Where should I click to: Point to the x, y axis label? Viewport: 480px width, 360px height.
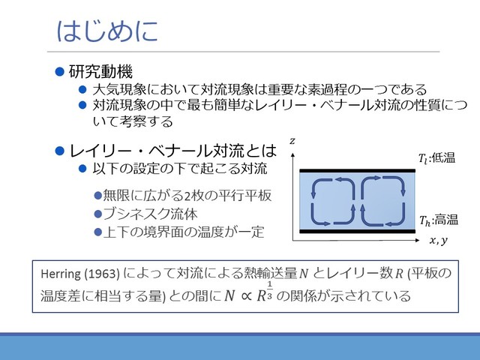tap(437, 240)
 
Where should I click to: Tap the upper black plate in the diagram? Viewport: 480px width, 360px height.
tap(356, 171)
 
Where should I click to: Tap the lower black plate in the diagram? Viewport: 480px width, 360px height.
tap(356, 231)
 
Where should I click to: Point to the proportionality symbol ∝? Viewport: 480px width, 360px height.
tap(242, 295)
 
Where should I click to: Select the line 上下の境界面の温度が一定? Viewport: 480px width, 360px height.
tap(183, 232)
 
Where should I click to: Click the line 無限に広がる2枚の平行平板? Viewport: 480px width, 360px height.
tap(187, 196)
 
